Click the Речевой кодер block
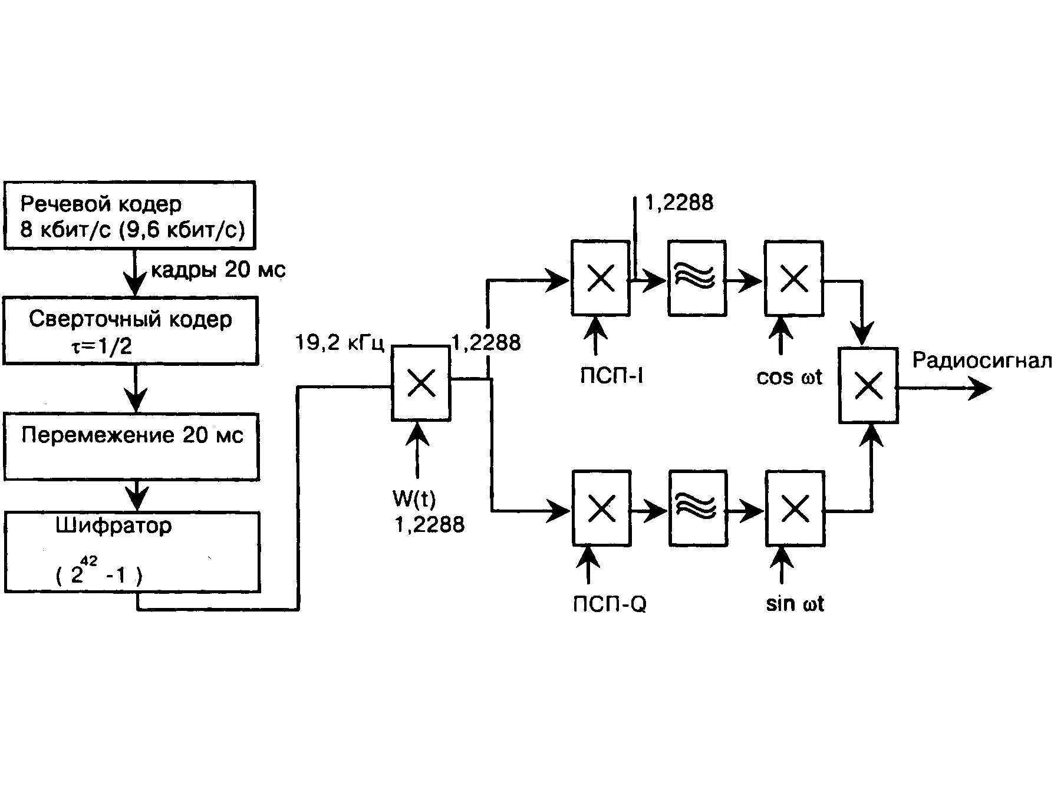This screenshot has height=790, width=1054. click(130, 216)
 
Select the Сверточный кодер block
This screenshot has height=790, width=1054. click(130, 331)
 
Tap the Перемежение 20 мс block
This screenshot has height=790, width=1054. click(131, 447)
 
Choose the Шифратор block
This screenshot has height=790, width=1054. click(133, 552)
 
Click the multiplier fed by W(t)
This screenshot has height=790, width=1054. click(421, 384)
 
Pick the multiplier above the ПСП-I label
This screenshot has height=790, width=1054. click(601, 278)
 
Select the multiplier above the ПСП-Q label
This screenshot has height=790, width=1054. click(602, 508)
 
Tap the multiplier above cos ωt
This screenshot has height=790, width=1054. click(793, 278)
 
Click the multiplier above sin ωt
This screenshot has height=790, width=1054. click(795, 508)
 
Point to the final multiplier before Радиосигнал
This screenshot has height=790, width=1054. click(868, 385)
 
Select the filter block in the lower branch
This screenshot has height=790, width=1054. click(698, 508)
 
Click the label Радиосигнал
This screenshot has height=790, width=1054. click(981, 361)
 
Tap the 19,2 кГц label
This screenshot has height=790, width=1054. click(340, 343)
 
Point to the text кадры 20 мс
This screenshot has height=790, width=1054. click(218, 270)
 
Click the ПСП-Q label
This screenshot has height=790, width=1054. click(610, 604)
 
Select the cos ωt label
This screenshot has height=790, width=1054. click(789, 378)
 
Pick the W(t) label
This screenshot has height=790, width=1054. click(414, 500)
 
